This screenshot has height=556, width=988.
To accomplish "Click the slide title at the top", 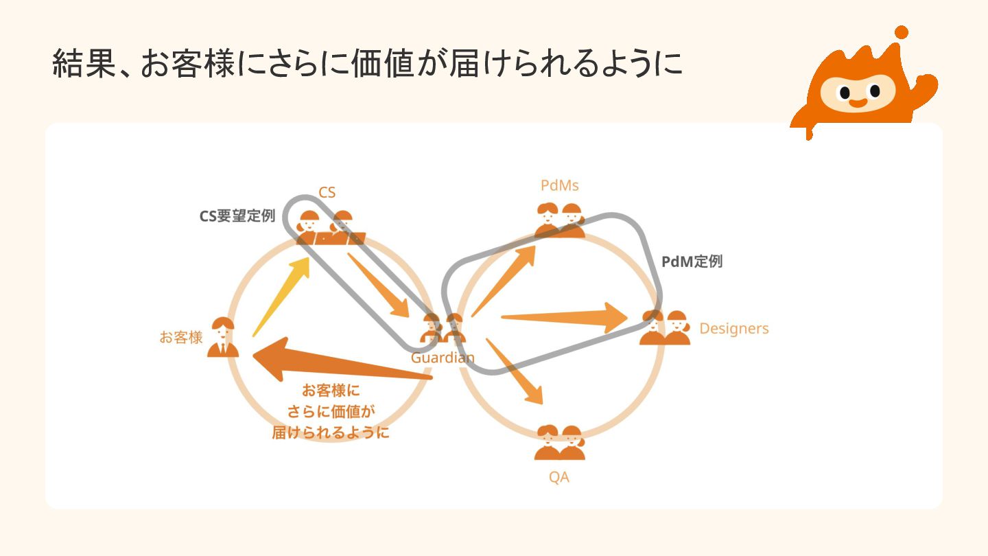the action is point(367,64).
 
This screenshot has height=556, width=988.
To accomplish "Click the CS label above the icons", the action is point(327,192).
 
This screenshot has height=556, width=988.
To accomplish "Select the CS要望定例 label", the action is point(237,216).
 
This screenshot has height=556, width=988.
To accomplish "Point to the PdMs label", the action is point(559,185).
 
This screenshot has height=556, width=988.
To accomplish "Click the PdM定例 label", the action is point(692,262).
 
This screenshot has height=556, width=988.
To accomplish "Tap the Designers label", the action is point(733,328).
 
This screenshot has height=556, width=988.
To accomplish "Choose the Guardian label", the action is point(443,358).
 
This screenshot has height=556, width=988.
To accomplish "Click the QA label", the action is point(558,477).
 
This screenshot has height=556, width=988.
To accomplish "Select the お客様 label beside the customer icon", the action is point(181,337).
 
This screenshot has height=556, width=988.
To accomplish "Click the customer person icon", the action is point(223,337).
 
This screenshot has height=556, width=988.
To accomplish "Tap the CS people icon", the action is point(329,228).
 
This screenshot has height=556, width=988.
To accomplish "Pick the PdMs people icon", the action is point(559,220).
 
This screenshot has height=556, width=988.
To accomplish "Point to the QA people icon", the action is point(559,443).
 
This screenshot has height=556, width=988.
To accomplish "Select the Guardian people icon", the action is point(443,327).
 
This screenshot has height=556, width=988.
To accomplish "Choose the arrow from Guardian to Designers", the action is point(563,318).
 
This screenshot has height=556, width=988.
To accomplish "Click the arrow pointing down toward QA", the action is point(515,371).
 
